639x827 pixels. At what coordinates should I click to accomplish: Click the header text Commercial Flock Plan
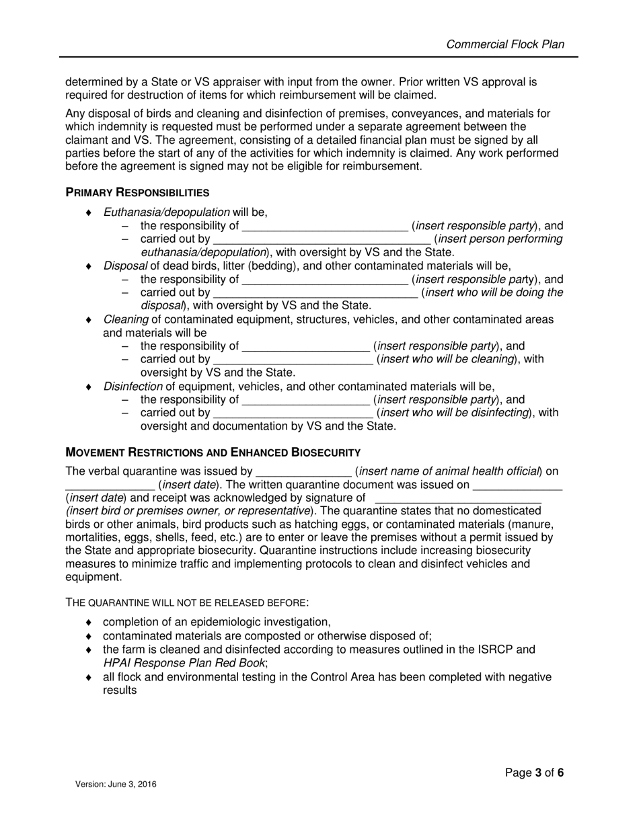tap(505, 44)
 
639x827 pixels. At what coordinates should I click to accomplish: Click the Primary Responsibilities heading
tap(137, 192)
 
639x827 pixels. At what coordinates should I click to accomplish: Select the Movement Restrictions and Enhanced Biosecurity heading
tap(213, 452)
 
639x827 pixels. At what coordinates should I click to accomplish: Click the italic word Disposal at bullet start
tap(125, 266)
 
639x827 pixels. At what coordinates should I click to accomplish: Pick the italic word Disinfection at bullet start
tap(133, 386)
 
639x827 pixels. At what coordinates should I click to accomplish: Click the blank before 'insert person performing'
tap(322, 240)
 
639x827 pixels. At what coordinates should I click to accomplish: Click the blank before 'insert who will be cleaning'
tap(293, 360)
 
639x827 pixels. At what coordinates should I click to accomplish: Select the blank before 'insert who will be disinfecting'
tap(293, 413)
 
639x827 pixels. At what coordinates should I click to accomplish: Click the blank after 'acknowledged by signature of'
tap(457, 499)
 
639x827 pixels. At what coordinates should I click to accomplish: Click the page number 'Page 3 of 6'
tap(534, 773)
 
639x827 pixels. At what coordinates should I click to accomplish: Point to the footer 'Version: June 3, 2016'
tap(116, 784)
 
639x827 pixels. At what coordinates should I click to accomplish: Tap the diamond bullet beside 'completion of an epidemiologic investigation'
tap(88, 623)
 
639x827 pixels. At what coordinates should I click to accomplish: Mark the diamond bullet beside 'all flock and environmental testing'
tap(88, 677)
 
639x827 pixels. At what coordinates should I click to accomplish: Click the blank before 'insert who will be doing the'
tap(315, 293)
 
